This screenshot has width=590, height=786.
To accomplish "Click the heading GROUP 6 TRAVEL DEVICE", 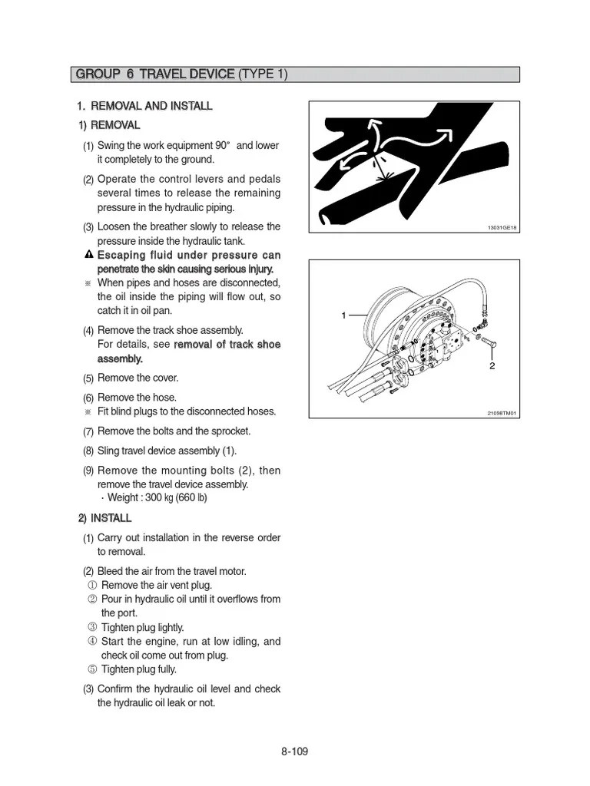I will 154,74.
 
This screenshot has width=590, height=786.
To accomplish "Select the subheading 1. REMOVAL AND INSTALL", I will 144,106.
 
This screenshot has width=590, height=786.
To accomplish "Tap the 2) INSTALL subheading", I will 104,518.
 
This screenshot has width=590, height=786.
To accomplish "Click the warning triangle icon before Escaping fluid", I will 89,255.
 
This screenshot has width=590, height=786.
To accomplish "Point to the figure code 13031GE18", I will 502,228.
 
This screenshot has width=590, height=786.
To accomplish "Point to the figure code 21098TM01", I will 502,413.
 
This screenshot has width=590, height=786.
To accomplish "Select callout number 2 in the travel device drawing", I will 492,366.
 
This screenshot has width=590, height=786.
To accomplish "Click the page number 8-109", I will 294,751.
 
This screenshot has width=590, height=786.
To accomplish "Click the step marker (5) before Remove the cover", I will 88,378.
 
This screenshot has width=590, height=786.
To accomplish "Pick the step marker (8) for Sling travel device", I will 88,451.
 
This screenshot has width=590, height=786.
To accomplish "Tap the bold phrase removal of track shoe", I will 227,345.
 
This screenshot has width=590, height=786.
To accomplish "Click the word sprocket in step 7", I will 233,431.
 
